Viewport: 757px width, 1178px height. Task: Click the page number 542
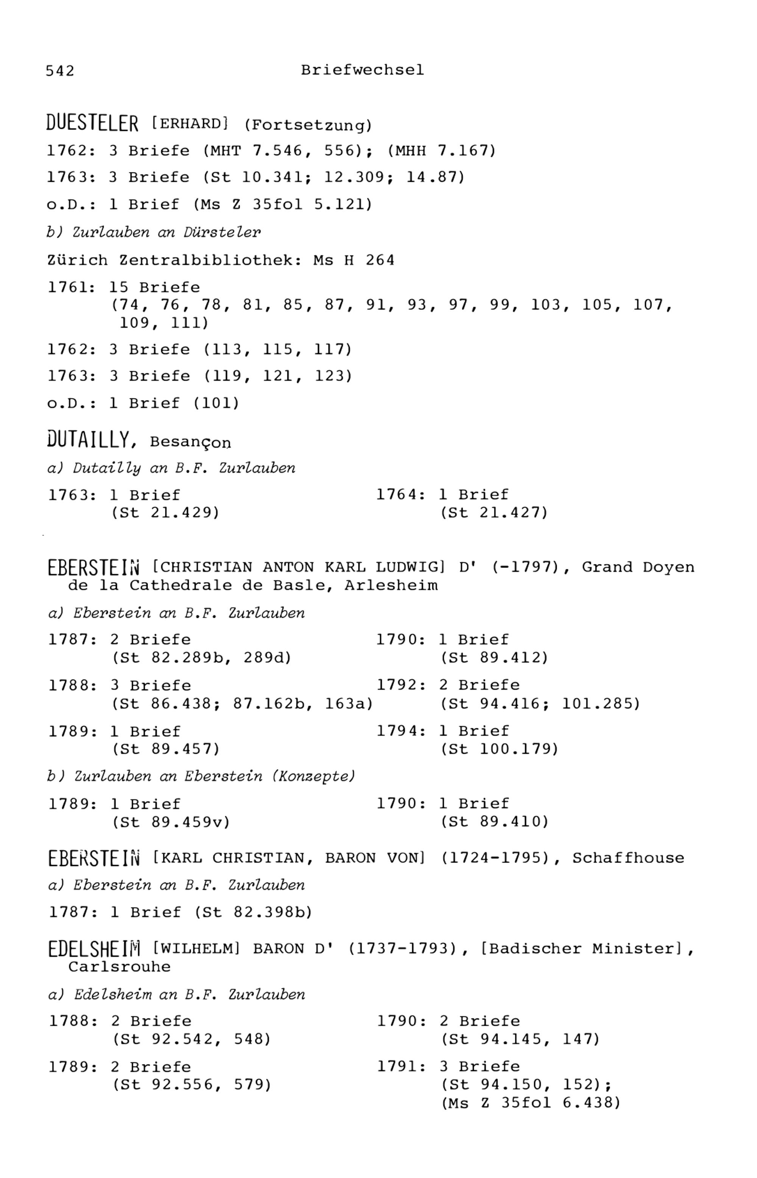[60, 71]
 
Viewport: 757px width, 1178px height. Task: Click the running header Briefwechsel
[362, 70]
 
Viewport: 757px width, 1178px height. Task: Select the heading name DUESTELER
[92, 123]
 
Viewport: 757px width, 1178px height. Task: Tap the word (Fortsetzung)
[308, 125]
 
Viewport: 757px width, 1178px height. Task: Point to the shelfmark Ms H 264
[354, 260]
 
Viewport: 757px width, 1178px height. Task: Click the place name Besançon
[190, 443]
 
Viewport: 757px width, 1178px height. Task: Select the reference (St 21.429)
[166, 513]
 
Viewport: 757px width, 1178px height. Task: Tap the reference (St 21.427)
[494, 513]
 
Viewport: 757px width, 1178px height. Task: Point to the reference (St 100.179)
[499, 749]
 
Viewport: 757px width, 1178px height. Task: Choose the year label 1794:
[401, 731]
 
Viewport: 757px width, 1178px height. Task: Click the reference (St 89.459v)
[171, 822]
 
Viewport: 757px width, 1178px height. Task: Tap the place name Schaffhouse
[628, 858]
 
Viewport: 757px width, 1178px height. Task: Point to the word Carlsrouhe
[120, 967]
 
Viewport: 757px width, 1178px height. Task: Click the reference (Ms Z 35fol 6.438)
[531, 1103]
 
